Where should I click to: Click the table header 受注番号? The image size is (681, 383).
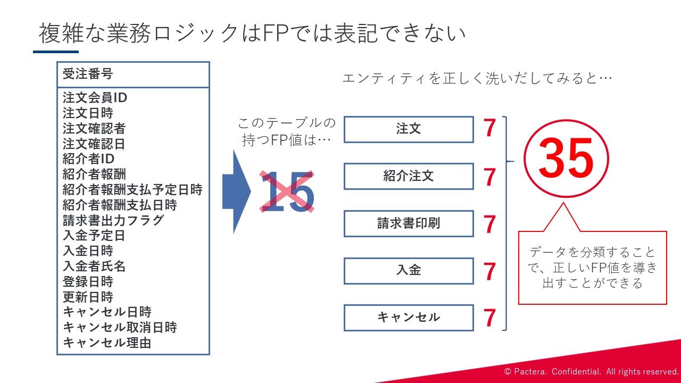[88, 74]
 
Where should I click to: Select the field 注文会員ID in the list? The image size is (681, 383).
[95, 97]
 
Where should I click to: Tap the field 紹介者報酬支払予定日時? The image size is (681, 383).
[132, 190]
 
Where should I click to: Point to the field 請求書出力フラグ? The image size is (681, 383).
[113, 220]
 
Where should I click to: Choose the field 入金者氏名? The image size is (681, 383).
[94, 267]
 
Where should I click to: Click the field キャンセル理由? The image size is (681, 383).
[107, 343]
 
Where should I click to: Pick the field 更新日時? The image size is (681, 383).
[88, 297]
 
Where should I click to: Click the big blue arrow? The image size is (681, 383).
[237, 191]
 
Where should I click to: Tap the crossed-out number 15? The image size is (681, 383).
[287, 191]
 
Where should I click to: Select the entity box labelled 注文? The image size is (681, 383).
[409, 129]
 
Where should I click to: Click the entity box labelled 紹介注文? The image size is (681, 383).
[409, 176]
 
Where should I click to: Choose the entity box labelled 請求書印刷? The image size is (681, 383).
[409, 223]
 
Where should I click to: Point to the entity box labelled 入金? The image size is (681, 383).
[409, 271]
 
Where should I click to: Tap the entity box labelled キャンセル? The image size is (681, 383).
[409, 318]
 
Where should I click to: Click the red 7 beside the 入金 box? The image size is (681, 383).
[490, 271]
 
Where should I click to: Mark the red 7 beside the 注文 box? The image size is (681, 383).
[490, 128]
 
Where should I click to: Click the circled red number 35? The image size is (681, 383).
[566, 158]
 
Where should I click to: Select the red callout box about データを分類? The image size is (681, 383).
[592, 268]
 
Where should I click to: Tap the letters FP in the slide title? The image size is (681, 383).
[276, 33]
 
